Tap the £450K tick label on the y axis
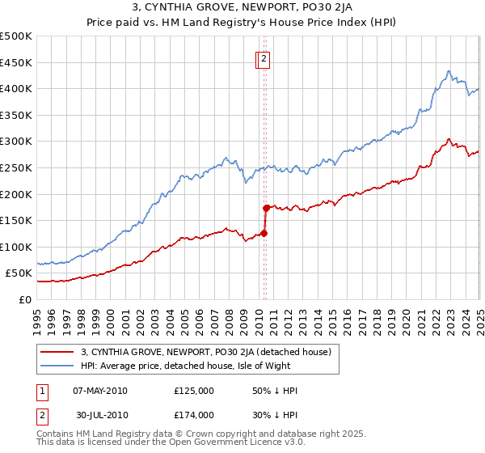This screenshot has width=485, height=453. [16, 62]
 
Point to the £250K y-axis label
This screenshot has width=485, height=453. [16, 167]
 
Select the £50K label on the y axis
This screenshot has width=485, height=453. [19, 273]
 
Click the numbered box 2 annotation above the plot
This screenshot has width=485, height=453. [264, 58]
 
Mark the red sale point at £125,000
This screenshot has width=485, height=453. [264, 233]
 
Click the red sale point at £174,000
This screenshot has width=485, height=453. [266, 207]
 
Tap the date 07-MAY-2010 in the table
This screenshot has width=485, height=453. [100, 391]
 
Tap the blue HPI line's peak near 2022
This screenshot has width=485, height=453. [449, 71]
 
